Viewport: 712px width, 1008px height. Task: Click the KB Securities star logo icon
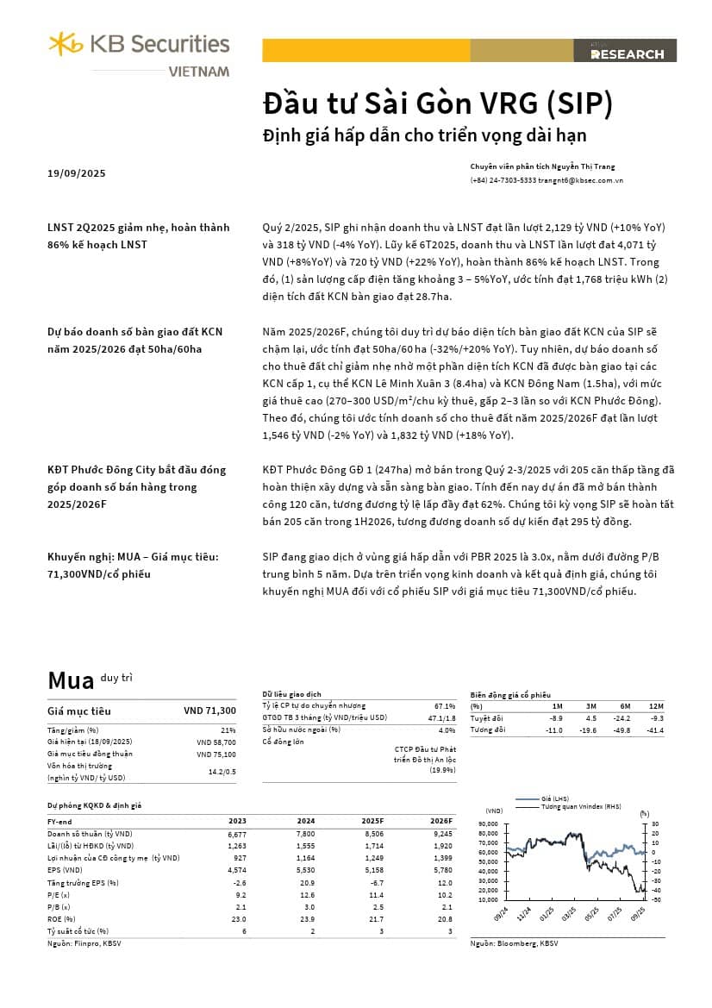click(x=66, y=43)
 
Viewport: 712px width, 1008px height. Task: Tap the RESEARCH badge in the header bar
click(x=628, y=53)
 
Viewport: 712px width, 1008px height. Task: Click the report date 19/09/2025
click(x=77, y=173)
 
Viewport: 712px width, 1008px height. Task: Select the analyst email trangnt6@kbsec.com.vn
click(x=580, y=180)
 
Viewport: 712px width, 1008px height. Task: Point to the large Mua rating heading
click(x=71, y=680)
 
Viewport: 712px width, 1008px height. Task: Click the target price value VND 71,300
click(x=209, y=711)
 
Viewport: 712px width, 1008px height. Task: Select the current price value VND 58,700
click(x=215, y=742)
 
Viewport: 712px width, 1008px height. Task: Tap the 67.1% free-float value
click(x=444, y=705)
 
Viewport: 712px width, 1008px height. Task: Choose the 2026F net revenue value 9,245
click(x=440, y=834)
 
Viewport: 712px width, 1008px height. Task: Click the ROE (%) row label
click(x=63, y=918)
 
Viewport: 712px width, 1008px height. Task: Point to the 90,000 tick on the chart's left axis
click(x=488, y=823)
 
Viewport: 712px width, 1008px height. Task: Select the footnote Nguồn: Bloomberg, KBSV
click(x=515, y=944)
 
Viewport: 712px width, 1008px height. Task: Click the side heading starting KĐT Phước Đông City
click(x=136, y=470)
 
